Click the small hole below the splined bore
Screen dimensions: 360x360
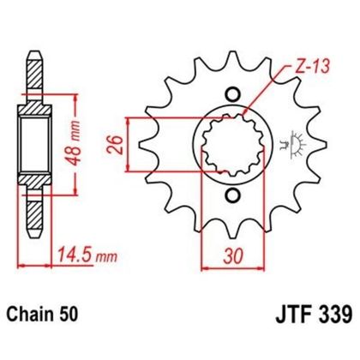click(x=229, y=195)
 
